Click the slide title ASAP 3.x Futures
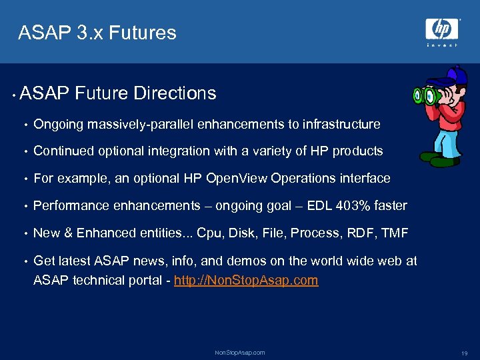pyautogui.click(x=97, y=33)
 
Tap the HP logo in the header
pyautogui.click(x=442, y=29)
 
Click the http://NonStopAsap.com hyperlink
pyautogui.click(x=246, y=280)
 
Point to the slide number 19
pyautogui.click(x=464, y=353)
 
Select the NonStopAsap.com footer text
pyautogui.click(x=239, y=352)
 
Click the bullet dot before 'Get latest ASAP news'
pyautogui.click(x=25, y=261)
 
